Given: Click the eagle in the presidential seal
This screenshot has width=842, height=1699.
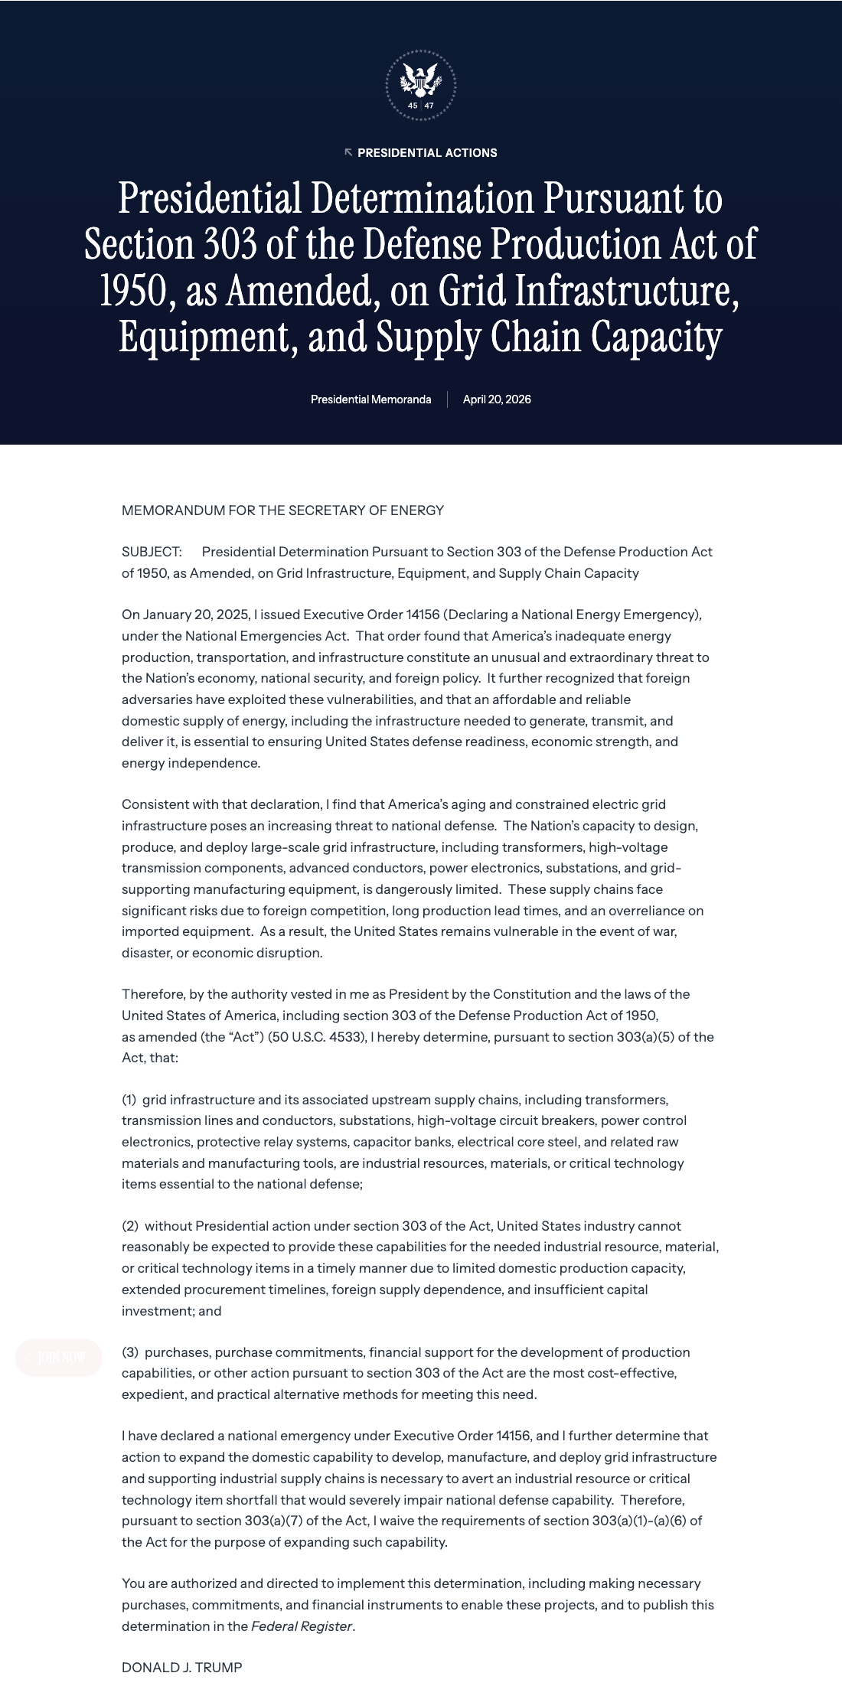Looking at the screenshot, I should tap(420, 78).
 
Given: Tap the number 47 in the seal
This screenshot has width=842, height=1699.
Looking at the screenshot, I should tap(429, 106).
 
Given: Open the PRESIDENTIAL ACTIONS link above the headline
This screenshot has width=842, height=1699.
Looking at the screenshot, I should tap(427, 153).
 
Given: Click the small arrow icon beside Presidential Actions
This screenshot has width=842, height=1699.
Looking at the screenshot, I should tap(348, 152).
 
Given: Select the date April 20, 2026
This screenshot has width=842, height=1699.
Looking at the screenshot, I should tap(497, 399).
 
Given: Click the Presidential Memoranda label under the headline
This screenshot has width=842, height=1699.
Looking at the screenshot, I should tap(370, 399).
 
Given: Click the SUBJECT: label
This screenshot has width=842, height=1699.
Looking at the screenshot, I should tap(152, 552).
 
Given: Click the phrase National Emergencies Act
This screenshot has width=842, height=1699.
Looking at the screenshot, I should tap(267, 636).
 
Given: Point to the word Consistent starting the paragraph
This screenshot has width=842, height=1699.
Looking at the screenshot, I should tap(154, 804).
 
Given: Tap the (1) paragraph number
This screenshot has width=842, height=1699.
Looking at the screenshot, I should tap(129, 1100).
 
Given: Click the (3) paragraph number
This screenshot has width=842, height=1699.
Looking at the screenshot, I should tap(129, 1352).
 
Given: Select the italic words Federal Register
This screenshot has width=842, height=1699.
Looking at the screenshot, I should tap(302, 1626).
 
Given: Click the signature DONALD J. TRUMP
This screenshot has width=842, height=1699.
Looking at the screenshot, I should tap(182, 1668).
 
